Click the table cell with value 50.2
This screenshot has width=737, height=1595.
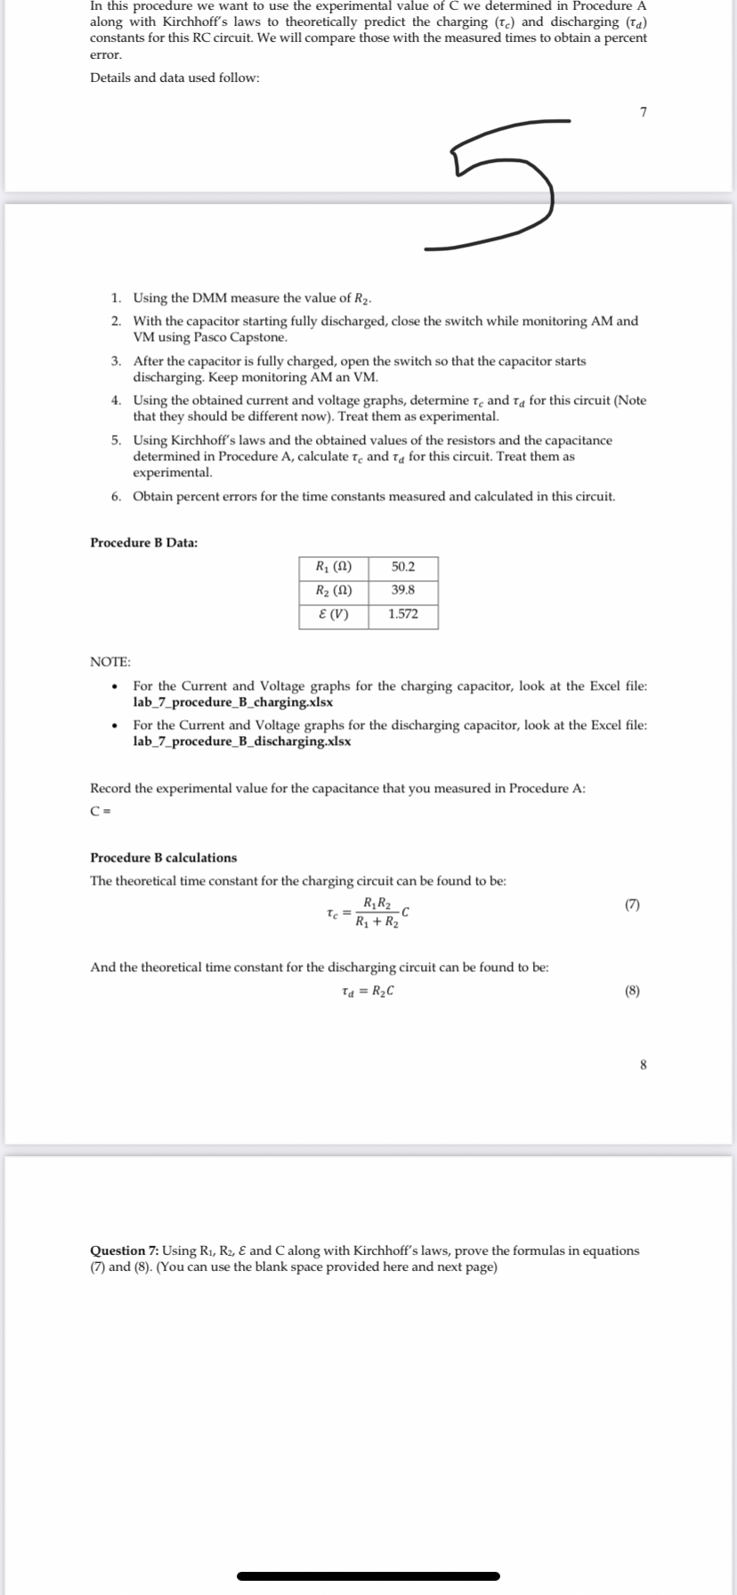coord(403,567)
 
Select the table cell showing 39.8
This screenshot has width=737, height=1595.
coord(403,590)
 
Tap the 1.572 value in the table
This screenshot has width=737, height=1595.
coord(403,614)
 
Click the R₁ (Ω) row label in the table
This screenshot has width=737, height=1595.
coord(333,567)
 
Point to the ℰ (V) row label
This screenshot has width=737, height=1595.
coord(333,614)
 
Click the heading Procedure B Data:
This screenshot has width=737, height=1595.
coord(143,542)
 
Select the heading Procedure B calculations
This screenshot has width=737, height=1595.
coord(163,857)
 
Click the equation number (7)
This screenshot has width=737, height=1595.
coord(632,904)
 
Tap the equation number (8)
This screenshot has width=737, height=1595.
coord(632,991)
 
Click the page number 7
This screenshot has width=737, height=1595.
coord(643,112)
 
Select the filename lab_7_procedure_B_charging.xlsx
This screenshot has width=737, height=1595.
coord(233,702)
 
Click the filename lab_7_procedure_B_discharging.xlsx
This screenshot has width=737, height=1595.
coord(241,741)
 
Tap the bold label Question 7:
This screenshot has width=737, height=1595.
coord(125,1251)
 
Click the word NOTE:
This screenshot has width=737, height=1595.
coord(110,661)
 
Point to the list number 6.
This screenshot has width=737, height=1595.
coord(117,497)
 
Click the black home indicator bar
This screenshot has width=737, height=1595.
coord(368,1575)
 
